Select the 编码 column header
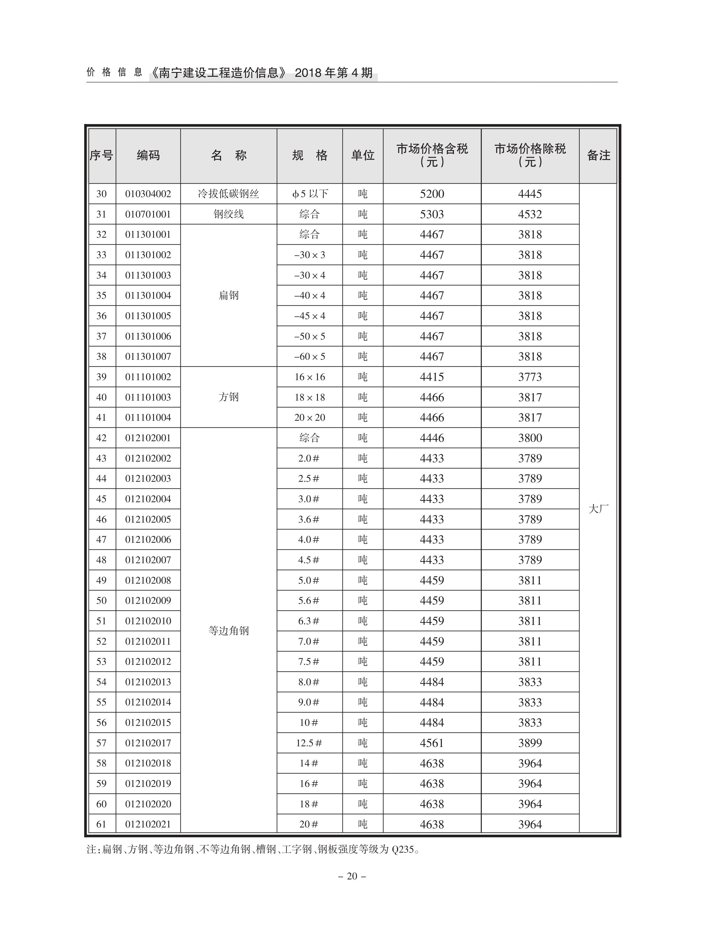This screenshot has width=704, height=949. click(x=148, y=156)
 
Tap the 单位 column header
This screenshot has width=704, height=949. click(x=362, y=156)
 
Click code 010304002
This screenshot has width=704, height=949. click(x=148, y=194)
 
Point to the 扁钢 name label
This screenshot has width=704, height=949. click(x=229, y=295)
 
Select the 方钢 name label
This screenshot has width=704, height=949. click(x=229, y=397)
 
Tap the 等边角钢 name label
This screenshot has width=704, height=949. click(x=229, y=631)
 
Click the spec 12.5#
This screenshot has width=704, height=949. click(x=309, y=743)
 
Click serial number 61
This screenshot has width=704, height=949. click(x=102, y=824)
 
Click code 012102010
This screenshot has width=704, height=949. click(x=148, y=621)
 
